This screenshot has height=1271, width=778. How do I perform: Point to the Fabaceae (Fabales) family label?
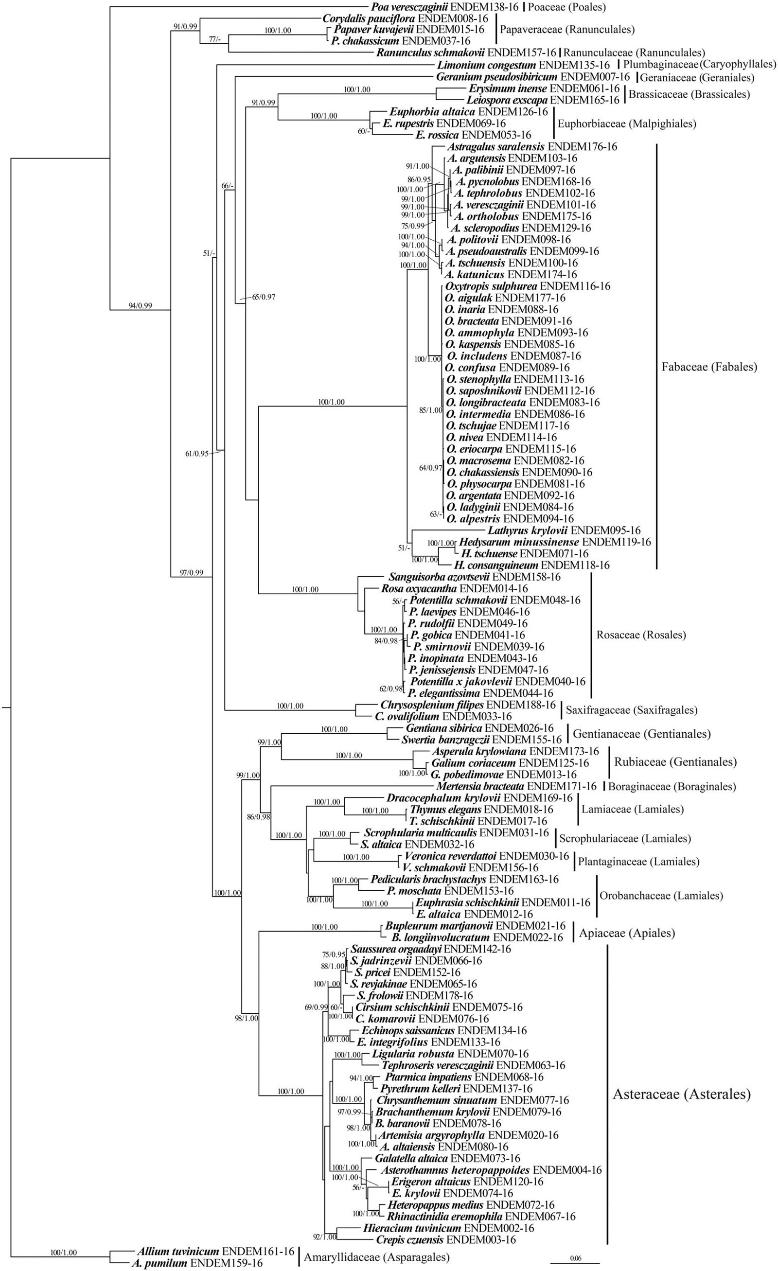pyautogui.click(x=709, y=367)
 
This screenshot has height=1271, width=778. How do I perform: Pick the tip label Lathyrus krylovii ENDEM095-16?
pyautogui.click(x=564, y=530)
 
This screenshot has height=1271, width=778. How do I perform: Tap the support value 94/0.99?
pyautogui.click(x=141, y=306)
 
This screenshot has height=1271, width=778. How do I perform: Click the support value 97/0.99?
pyautogui.click(x=191, y=573)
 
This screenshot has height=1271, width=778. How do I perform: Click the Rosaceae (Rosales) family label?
pyautogui.click(x=641, y=635)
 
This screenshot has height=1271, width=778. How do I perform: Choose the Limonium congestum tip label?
pyautogui.click(x=524, y=65)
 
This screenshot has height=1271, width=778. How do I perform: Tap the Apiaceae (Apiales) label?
pyautogui.click(x=627, y=933)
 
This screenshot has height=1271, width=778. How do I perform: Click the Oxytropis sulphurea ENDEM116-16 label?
pyautogui.click(x=527, y=286)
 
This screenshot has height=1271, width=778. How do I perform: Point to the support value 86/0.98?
pyautogui.click(x=259, y=816)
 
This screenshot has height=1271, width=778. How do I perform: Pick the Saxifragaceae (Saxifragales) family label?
pyautogui.click(x=632, y=710)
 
